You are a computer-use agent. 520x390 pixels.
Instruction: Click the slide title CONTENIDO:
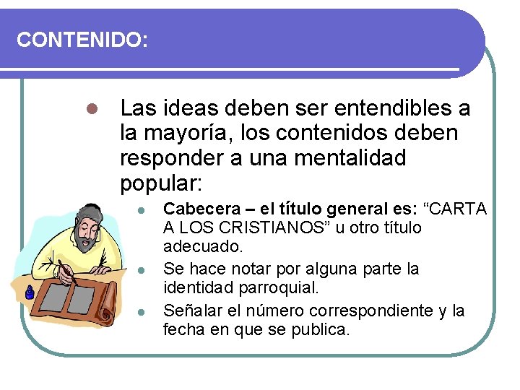click(82, 40)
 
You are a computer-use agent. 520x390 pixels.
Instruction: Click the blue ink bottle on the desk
click(30, 292)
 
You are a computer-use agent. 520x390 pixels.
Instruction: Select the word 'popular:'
click(160, 182)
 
